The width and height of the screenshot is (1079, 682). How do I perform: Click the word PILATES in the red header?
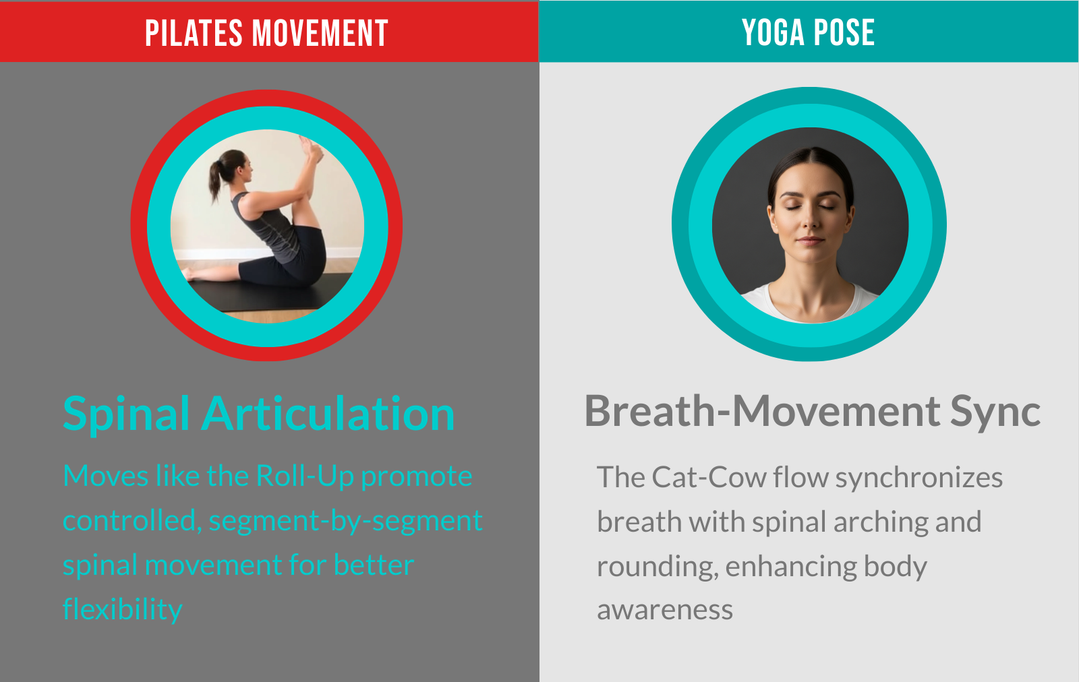(194, 33)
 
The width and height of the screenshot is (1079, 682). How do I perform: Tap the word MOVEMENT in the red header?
(320, 33)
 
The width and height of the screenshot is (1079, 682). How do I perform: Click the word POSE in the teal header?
(844, 33)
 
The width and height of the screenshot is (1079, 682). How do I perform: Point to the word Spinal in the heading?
(126, 414)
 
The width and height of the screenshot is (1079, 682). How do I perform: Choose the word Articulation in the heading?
(328, 413)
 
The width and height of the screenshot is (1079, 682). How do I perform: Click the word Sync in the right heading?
(995, 413)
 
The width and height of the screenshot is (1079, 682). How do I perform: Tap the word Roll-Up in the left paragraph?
(305, 476)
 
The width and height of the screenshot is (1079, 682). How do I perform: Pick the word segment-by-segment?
(346, 521)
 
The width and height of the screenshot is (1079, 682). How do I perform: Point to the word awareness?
(665, 611)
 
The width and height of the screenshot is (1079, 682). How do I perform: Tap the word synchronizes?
(919, 478)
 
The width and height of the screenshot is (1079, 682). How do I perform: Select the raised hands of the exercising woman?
(311, 148)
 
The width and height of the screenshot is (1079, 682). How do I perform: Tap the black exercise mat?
(270, 294)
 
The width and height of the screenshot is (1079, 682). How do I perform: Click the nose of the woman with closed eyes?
(811, 219)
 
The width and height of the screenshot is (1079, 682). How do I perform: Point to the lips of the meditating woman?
(811, 240)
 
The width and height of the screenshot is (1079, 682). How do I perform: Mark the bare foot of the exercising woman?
(189, 275)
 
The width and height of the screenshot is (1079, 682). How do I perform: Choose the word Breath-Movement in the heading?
(762, 412)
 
